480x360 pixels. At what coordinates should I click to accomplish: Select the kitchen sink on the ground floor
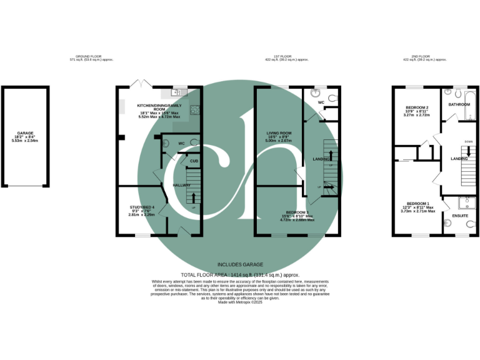click(x=178, y=92)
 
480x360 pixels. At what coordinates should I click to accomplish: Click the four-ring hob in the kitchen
click(x=195, y=111)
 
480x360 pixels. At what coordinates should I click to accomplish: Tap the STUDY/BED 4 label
click(x=142, y=207)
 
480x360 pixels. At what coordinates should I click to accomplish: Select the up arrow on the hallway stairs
click(x=194, y=199)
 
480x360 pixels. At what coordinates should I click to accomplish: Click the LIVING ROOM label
click(x=279, y=133)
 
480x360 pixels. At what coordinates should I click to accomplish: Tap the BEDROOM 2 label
click(x=416, y=107)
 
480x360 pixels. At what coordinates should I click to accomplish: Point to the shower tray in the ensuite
click(x=466, y=203)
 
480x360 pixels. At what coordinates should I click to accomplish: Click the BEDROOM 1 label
click(x=417, y=204)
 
